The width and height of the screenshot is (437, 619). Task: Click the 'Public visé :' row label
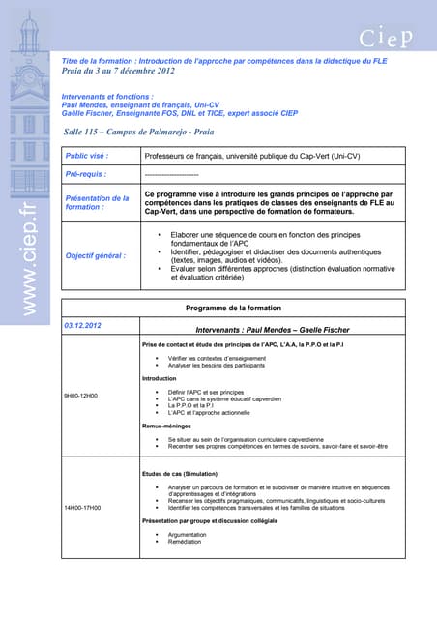pos(86,155)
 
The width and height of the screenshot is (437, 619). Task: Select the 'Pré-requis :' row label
pos(85,174)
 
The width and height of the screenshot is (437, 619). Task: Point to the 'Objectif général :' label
pos(95,255)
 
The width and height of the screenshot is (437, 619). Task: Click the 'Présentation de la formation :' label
pos(96,202)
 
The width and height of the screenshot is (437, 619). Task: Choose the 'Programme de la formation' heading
pos(233,309)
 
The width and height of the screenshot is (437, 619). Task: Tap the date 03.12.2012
pos(82,326)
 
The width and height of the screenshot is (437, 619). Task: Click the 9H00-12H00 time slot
pos(81,396)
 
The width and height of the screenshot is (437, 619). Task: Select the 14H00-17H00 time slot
pos(82,507)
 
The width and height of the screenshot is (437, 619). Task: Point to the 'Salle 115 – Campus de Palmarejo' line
pos(139,131)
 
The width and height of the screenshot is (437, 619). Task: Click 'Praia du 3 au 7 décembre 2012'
pos(118,71)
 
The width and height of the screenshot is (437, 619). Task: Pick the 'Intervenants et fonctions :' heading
pos(106,97)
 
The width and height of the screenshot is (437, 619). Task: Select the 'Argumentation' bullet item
pos(188,533)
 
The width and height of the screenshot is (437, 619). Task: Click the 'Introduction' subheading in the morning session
pos(160,378)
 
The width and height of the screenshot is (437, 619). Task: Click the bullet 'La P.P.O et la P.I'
pos(193,406)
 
